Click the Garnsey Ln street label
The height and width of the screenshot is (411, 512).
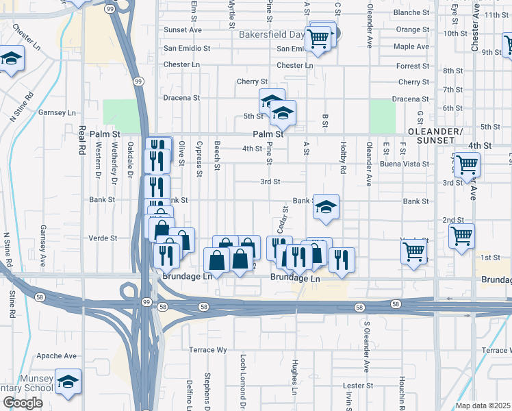coord(57,112)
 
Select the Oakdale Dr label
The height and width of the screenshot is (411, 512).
coord(130,156)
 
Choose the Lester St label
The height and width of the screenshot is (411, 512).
coord(358,386)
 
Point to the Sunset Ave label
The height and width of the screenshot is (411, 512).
coord(182,30)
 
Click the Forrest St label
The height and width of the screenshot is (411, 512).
coord(413,66)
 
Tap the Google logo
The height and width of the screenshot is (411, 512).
coord(23,403)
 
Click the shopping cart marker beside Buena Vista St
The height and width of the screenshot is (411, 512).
coord(467,164)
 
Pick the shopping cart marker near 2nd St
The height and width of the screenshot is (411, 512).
coord(462,236)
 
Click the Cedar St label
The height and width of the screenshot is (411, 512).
coord(281,219)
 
